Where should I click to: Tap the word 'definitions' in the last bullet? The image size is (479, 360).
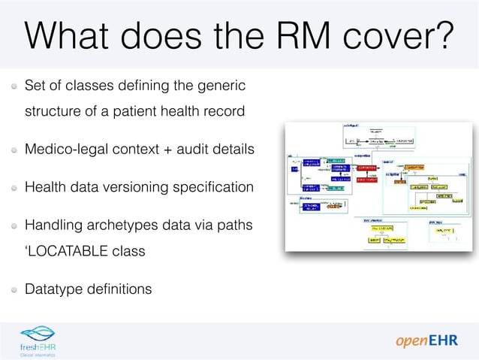(117, 288)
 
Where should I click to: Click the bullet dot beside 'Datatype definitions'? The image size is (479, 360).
(14, 289)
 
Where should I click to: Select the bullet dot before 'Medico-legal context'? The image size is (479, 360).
(14, 150)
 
